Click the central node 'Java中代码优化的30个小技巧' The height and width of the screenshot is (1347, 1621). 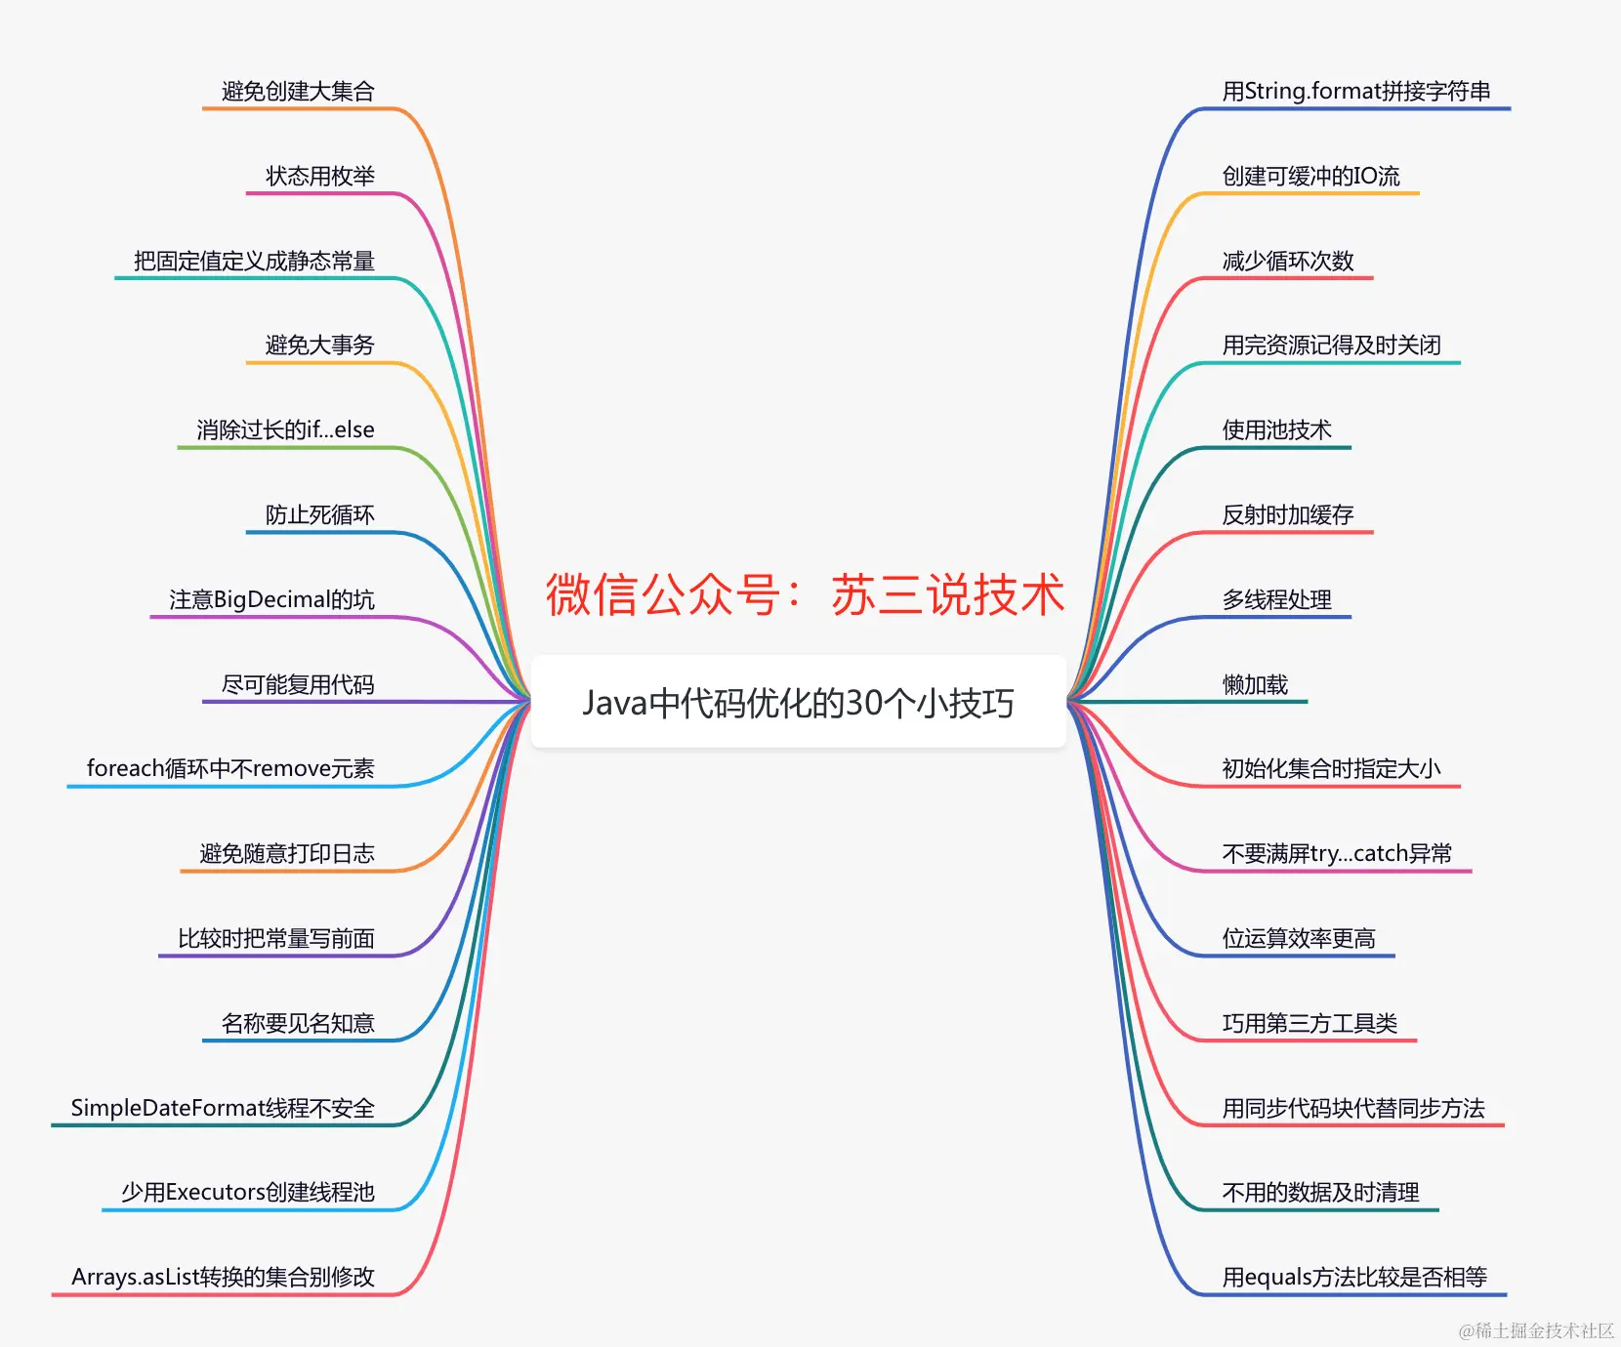coord(798,703)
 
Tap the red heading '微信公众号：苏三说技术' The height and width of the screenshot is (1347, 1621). coord(805,594)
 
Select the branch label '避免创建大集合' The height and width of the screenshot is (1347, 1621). coord(298,92)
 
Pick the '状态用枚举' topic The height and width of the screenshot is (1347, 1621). coord(320,177)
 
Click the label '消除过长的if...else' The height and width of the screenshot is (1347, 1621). coord(285,430)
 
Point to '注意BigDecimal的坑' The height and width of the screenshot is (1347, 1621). coord(271,599)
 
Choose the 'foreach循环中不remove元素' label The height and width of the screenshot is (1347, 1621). coord(230,769)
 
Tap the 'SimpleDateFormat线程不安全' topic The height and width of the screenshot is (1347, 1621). coord(223,1108)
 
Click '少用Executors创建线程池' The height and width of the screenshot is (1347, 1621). coord(248,1193)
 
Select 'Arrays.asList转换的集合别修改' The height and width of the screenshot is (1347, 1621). coord(223,1277)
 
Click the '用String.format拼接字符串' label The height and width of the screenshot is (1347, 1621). coord(1356,92)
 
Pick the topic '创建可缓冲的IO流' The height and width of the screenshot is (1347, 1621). coord(1310,177)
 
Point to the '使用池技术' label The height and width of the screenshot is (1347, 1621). coord(1276,430)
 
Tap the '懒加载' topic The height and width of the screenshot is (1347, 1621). coord(1255,685)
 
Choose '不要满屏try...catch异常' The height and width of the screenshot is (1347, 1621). coord(1337,854)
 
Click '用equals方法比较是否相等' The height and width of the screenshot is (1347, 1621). coord(1354,1277)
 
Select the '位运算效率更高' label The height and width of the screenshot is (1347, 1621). coord(1299,939)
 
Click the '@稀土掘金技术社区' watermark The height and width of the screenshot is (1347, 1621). coord(1536,1330)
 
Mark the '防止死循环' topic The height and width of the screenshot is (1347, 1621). coord(320,515)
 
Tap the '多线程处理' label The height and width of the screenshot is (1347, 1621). coord(1276,599)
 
